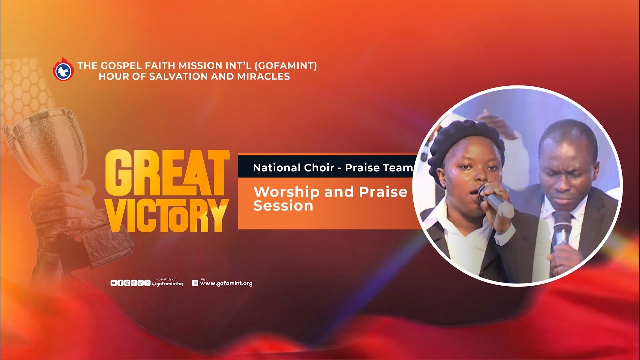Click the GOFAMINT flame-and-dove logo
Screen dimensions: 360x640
[x=63, y=70]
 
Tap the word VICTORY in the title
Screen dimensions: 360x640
[x=167, y=215]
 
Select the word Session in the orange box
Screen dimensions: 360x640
[x=283, y=205]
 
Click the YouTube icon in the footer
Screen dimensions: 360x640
[x=114, y=283]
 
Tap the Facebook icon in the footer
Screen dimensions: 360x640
[x=120, y=283]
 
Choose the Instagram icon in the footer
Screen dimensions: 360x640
[x=127, y=283]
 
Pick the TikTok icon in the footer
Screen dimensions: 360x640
[x=140, y=283]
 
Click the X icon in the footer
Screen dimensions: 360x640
[x=147, y=283]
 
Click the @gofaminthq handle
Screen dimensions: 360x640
[x=168, y=284]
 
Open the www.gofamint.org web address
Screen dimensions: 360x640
[x=226, y=283]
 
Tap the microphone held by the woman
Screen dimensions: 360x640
[x=495, y=200]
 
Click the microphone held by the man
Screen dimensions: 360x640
[x=561, y=230]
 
